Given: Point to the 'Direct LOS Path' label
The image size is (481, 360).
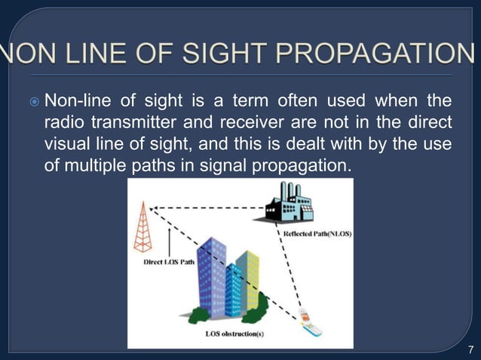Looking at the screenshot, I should click(167, 263).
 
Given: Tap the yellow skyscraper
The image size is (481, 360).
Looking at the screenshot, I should click(248, 275).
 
